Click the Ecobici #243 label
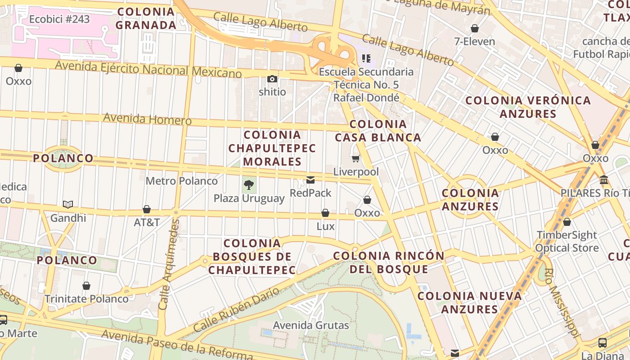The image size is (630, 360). click(x=59, y=19)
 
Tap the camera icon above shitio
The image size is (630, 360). click(x=272, y=79)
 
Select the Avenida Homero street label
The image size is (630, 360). click(x=147, y=119)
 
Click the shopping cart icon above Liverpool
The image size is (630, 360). click(x=356, y=158)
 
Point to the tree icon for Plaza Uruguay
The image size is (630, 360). click(x=248, y=184)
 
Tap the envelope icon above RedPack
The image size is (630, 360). click(x=310, y=180)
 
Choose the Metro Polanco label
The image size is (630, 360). click(x=181, y=181)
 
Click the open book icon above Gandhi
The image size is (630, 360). click(x=68, y=205)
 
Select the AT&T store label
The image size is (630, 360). click(x=147, y=222)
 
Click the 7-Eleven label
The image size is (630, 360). click(x=474, y=41)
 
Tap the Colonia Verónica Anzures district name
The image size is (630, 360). click(x=528, y=107)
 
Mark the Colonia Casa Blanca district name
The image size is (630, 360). click(x=378, y=130)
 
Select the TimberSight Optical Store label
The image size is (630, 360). click(x=567, y=242)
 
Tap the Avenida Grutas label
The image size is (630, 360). click(x=311, y=325)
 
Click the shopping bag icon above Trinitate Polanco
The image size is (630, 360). click(x=86, y=286)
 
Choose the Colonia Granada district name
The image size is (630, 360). click(x=146, y=18)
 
